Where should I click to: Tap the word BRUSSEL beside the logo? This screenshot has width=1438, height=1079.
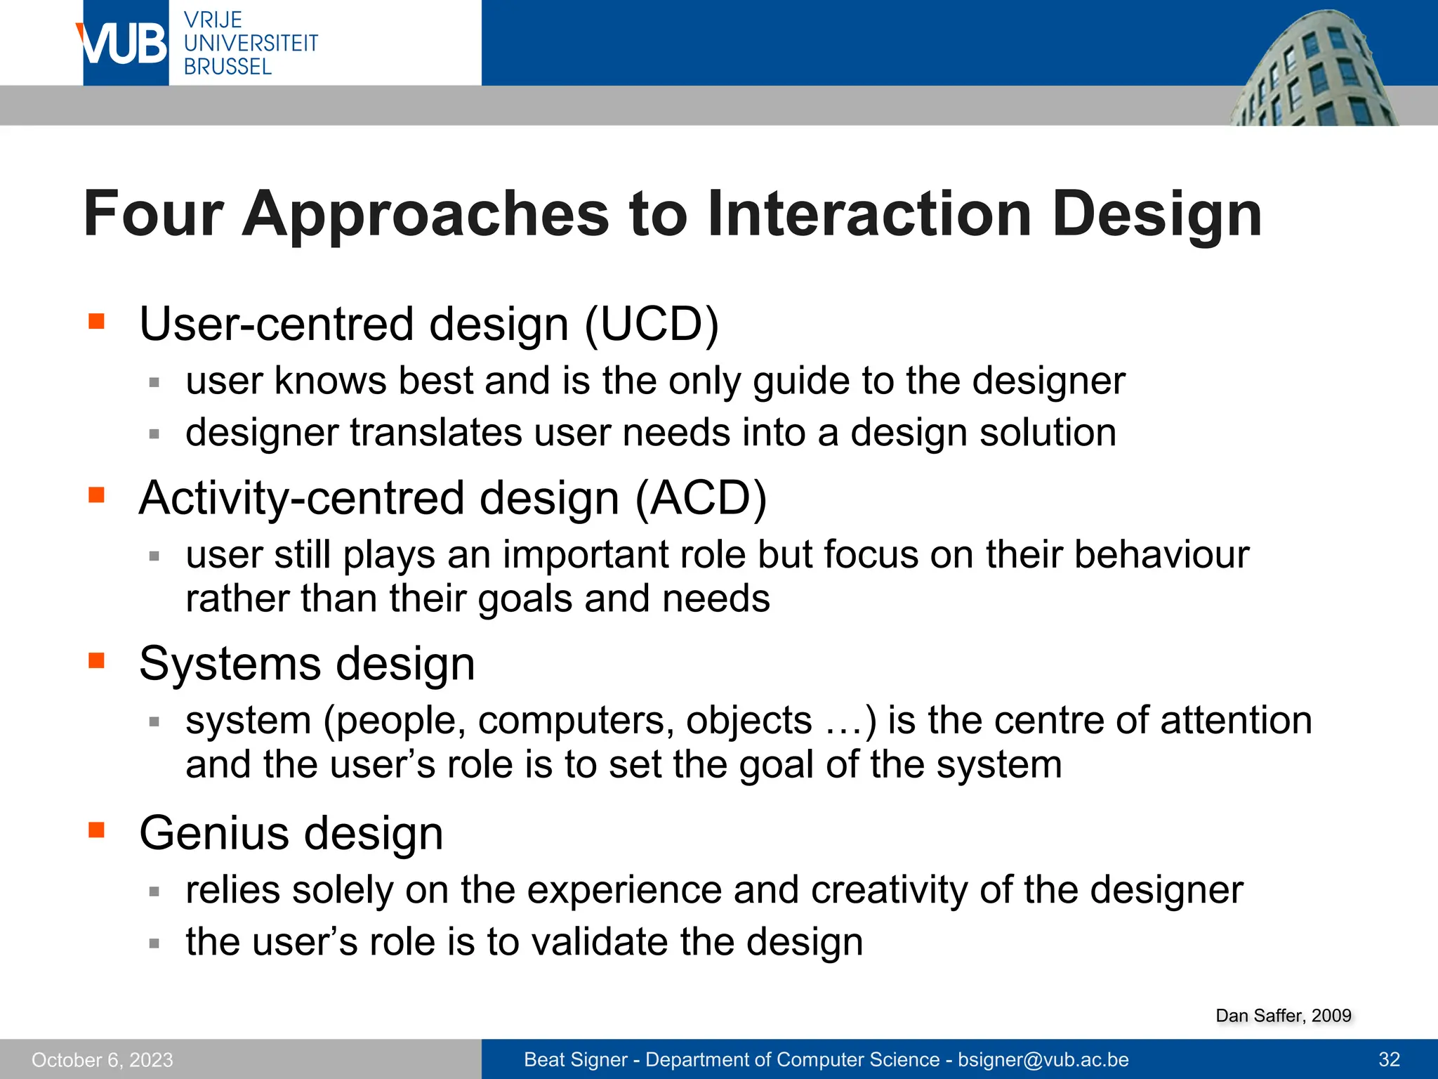pyautogui.click(x=227, y=67)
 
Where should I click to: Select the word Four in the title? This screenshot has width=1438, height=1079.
pyautogui.click(x=153, y=214)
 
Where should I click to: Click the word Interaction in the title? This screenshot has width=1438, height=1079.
pyautogui.click(x=869, y=214)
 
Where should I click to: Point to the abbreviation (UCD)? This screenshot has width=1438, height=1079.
pyautogui.click(x=652, y=325)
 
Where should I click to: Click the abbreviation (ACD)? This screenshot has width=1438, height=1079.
pyautogui.click(x=700, y=498)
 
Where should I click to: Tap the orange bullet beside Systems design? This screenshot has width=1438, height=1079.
pyautogui.click(x=96, y=660)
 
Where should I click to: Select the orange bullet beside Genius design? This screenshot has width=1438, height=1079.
pyautogui.click(x=96, y=830)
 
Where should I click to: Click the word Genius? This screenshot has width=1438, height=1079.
pyautogui.click(x=214, y=834)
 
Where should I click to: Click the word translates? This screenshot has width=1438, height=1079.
pyautogui.click(x=435, y=433)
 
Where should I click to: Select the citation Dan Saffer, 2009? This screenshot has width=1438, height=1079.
pyautogui.click(x=1283, y=1016)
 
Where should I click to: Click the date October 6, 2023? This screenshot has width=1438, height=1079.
pyautogui.click(x=103, y=1059)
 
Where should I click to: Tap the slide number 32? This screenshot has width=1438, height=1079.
pyautogui.click(x=1389, y=1059)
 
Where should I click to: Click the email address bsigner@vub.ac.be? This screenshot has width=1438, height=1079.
pyautogui.click(x=1043, y=1059)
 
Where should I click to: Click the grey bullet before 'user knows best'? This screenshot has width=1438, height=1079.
pyautogui.click(x=154, y=383)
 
